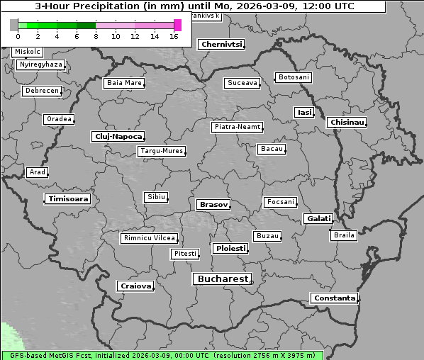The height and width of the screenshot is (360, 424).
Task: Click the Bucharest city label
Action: [223, 279]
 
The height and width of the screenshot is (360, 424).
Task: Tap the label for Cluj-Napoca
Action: [118, 136]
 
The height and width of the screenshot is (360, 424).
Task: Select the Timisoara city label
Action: [68, 199]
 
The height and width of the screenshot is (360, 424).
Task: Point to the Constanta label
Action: [334, 298]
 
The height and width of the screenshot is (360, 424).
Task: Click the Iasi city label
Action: [304, 113]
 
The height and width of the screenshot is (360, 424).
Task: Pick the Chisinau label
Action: [347, 123]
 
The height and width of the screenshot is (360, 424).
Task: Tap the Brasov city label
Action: [213, 204]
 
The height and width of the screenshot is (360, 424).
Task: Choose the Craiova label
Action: [135, 286]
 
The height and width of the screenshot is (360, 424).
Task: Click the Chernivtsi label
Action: [222, 44]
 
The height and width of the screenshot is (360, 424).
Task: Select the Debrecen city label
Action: [41, 91]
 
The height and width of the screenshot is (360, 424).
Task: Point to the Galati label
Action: [318, 219]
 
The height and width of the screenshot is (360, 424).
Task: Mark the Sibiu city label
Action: [155, 197]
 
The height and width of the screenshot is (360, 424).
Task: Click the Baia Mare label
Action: [124, 83]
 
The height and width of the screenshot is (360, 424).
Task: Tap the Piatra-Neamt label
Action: [238, 127]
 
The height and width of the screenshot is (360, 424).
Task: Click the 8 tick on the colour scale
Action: [96, 36]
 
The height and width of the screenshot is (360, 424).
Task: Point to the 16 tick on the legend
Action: [174, 36]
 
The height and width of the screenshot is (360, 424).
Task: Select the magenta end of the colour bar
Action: [177, 25]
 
